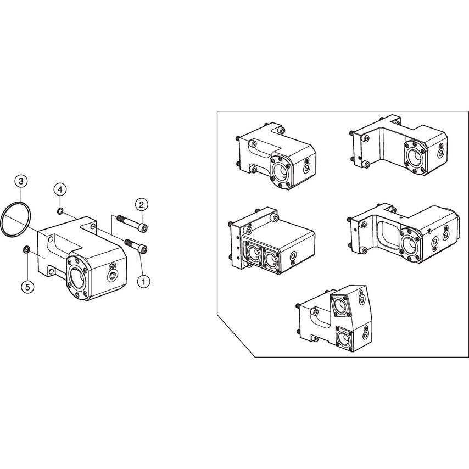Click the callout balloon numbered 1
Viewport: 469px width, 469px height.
[x=144, y=281]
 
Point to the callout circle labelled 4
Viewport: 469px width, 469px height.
[x=60, y=189]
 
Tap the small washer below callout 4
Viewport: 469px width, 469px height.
[x=60, y=210]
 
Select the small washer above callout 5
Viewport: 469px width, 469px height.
[x=26, y=250]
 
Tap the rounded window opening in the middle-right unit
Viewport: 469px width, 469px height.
[x=388, y=233]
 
